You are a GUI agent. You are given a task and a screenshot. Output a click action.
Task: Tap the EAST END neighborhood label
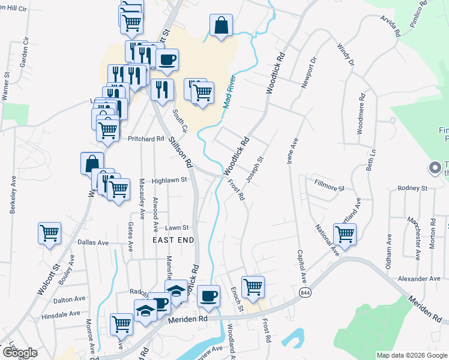coord(173,240)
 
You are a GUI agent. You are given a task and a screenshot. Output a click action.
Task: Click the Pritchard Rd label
coord(146,139)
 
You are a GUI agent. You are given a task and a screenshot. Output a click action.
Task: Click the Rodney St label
coord(412,188)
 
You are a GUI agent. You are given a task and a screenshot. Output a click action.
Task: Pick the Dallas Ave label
coord(93,242)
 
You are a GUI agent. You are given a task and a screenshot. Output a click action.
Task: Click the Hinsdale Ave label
coord(61,314)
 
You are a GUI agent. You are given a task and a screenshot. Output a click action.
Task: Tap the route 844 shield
coord(306,291)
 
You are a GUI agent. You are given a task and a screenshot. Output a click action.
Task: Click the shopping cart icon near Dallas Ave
coord(49,233)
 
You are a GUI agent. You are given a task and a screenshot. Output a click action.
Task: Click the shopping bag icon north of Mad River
coord(221,26)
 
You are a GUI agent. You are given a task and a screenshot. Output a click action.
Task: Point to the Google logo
coord(20,353)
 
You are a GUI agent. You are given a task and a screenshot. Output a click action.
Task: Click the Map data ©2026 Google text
coord(412,355)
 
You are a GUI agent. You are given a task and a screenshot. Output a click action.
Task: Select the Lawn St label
coord(177,228)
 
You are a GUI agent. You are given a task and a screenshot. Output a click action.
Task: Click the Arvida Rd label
coord(390,26)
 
